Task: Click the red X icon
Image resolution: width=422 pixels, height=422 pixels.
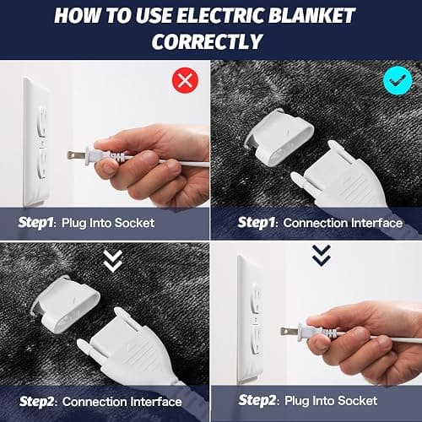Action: pos(185,80)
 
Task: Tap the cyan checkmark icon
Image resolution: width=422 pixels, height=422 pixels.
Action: pos(398,81)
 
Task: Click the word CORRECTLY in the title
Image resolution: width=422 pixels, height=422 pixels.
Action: pos(207,41)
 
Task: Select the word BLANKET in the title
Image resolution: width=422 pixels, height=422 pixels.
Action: pos(311,15)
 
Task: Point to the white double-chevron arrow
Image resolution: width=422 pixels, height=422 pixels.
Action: pos(113,261)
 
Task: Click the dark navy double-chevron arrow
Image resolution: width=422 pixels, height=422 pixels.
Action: pos(322,256)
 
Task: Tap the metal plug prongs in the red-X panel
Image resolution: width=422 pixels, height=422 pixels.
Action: pos(76,155)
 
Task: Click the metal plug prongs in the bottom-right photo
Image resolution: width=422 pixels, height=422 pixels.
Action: pos(289,332)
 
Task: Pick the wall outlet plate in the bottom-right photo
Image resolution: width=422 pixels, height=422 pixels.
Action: pos(251,319)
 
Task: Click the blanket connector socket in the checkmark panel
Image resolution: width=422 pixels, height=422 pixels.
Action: pos(279,137)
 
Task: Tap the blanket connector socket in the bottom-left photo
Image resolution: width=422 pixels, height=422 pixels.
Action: pos(66,305)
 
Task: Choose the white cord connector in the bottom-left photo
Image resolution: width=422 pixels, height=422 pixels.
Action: pos(127,348)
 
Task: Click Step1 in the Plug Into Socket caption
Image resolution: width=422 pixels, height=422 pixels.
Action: pos(35,223)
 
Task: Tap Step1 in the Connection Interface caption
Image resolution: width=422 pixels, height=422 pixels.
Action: pos(256,223)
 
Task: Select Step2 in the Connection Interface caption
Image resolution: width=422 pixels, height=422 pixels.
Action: pos(36,402)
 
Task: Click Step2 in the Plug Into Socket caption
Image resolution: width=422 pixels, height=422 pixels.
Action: pos(257,400)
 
